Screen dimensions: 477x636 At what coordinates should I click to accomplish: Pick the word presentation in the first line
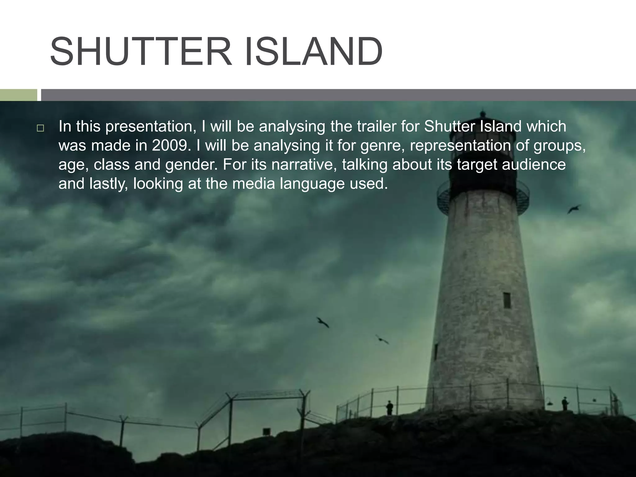coord(151,126)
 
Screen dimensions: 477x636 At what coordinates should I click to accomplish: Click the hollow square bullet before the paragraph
coord(40,128)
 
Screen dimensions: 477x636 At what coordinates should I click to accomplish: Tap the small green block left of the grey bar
coord(18,95)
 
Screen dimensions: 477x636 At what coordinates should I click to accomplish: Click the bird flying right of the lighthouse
coord(574,209)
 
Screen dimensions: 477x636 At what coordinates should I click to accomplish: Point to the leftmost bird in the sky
coord(323,322)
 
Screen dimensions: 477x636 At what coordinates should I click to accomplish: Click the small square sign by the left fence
coord(266,431)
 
